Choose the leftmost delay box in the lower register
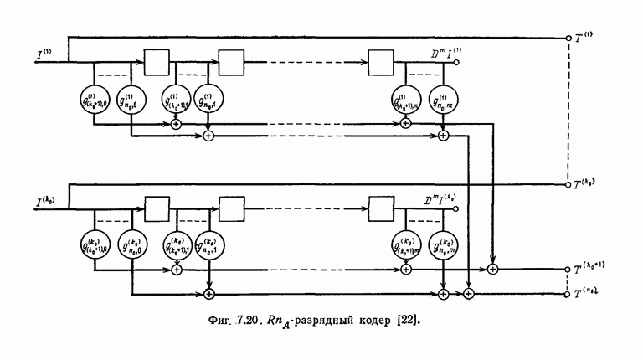coord(157,207)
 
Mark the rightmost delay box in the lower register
coord(382,207)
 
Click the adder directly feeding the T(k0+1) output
coord(493,269)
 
